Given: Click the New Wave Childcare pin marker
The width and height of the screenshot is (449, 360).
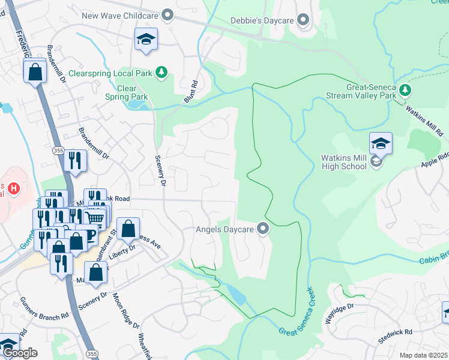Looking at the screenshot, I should tap(167, 16).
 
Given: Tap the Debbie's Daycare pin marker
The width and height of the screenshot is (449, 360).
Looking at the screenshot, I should tap(303, 21).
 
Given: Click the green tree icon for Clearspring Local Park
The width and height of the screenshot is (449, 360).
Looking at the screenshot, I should tap(161, 73).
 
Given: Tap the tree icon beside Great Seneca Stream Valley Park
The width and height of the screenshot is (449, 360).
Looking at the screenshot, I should tap(406, 90).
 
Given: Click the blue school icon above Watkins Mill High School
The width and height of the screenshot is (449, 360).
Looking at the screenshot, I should tap(381, 144).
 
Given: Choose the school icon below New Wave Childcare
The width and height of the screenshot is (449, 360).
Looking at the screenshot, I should tap(146, 40).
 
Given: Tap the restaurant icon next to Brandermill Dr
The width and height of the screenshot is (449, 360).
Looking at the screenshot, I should tap(75, 161).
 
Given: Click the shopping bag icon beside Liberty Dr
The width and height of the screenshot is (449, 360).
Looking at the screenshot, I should tap(128, 229).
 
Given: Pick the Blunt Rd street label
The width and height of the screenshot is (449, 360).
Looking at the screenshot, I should tap(191, 93).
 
